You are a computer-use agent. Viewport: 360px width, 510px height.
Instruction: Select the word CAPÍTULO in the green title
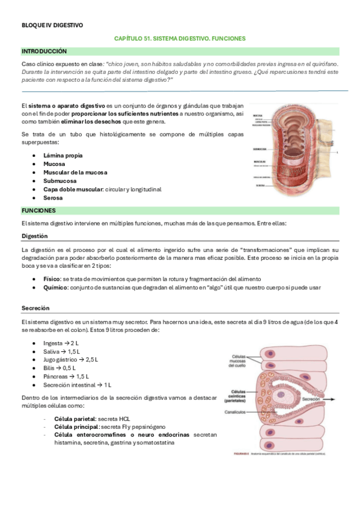(x=130, y=38)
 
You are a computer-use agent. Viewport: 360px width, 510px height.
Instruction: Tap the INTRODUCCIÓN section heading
(x=44, y=52)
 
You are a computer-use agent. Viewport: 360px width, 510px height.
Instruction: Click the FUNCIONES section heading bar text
(x=38, y=210)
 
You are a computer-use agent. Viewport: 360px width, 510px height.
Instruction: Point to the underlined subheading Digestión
(x=34, y=236)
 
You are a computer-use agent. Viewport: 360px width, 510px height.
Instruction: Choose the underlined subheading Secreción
(x=35, y=307)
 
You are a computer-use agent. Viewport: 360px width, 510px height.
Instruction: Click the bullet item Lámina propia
(x=63, y=155)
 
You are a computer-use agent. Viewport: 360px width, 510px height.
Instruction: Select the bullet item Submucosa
(x=60, y=180)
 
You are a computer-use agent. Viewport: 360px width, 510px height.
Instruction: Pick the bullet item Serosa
(x=53, y=197)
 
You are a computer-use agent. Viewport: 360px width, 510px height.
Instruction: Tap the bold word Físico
(x=52, y=279)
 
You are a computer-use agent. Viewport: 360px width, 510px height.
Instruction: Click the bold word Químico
(x=55, y=287)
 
